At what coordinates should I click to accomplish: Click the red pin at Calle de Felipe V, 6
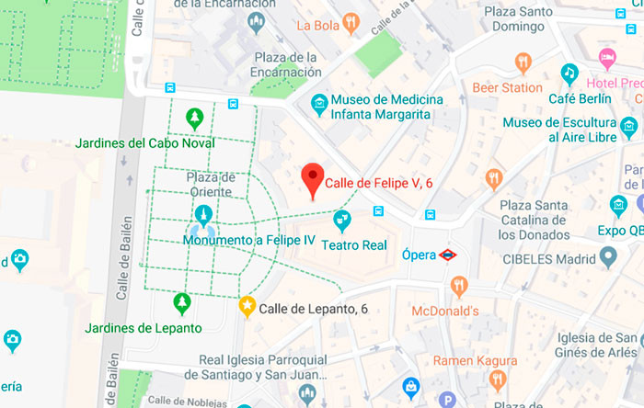coord(314,179)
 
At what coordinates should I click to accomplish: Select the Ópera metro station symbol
coord(448,255)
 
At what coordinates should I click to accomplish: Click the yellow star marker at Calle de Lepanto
coord(247,307)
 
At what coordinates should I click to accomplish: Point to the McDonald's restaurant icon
coord(459,289)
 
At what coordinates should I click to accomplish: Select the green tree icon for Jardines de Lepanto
coord(182,302)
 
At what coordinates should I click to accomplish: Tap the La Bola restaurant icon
coord(350,24)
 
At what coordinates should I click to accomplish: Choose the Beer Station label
coord(507,88)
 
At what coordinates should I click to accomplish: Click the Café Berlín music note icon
coord(569,74)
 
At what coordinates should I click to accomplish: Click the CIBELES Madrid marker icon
coord(607,255)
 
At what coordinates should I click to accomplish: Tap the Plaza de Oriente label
coord(211,184)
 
